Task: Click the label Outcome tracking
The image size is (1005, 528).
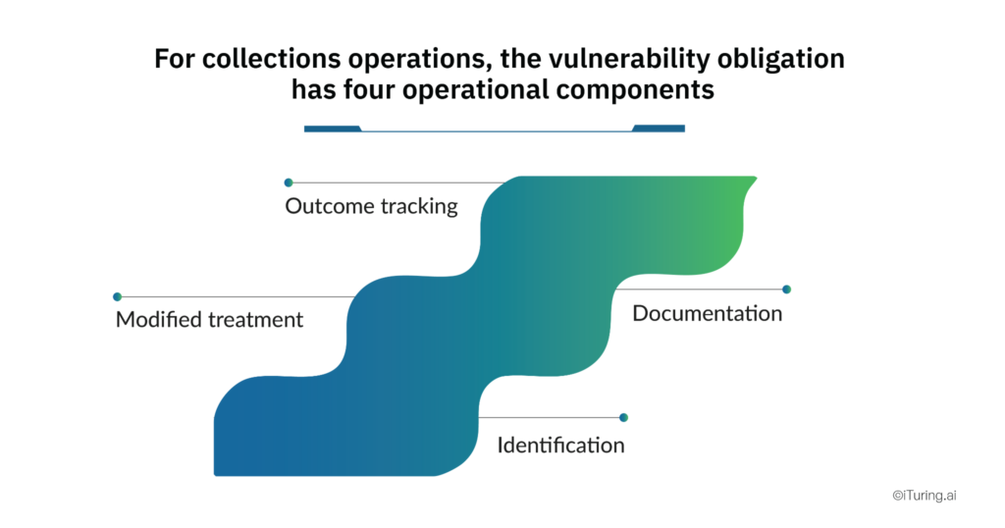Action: (371, 207)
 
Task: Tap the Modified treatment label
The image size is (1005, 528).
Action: (209, 320)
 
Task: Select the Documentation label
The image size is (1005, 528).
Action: (707, 314)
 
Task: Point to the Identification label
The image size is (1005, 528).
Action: (560, 446)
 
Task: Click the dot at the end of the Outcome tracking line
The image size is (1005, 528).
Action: (289, 183)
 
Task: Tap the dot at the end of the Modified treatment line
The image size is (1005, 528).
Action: (117, 296)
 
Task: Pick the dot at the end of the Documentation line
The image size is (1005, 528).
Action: (786, 290)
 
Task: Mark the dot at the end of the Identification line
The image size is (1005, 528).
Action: (623, 417)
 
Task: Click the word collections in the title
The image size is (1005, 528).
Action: (262, 59)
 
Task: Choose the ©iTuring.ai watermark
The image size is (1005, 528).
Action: (924, 497)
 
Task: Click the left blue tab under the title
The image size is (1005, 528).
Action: (332, 128)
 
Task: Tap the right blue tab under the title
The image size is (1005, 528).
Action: (660, 128)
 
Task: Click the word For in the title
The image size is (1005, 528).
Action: (174, 59)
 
